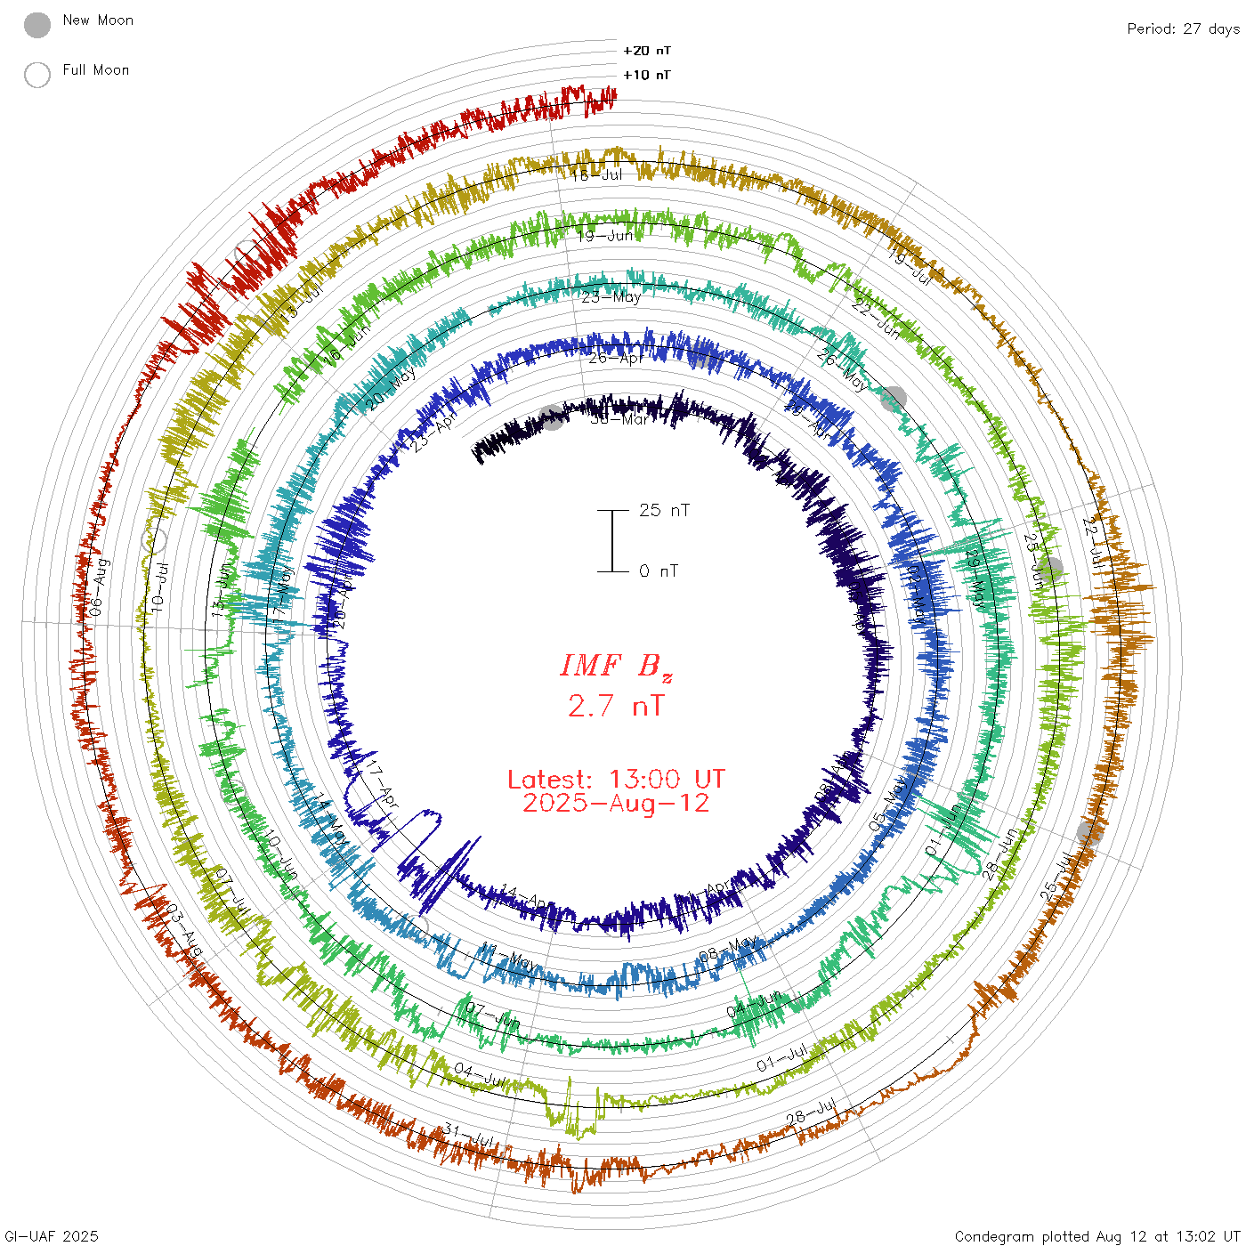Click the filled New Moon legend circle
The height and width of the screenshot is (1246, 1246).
(37, 26)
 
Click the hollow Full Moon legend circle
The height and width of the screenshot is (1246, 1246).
(37, 75)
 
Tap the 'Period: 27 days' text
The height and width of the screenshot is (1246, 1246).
(1183, 28)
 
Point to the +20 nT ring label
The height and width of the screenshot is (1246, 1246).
(647, 51)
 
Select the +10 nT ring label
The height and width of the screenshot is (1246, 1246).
(647, 75)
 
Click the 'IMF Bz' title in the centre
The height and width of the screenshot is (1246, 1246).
(616, 666)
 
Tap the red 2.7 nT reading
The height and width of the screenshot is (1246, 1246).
(616, 706)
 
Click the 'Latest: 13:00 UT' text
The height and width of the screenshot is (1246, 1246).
(616, 780)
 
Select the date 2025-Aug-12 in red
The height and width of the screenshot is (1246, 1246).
(616, 804)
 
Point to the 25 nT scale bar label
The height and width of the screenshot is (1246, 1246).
(664, 510)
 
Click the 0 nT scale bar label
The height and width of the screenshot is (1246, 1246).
(659, 571)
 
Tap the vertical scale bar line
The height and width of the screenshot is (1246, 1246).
(612, 541)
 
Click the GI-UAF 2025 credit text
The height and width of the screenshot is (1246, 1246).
(51, 1236)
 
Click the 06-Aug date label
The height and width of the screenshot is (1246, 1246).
(99, 587)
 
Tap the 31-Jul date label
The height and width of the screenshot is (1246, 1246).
(469, 1136)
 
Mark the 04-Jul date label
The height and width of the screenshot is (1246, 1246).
(480, 1074)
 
